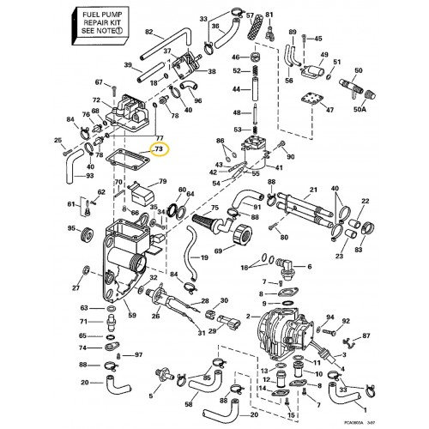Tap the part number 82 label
(x=148, y=33)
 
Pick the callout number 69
(x=218, y=251)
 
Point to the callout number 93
(x=66, y=177)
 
